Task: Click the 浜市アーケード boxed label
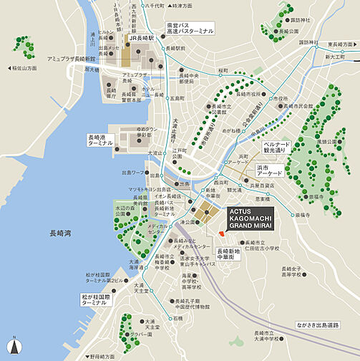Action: pyautogui.click(x=269, y=170)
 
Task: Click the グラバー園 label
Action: pyautogui.click(x=147, y=334)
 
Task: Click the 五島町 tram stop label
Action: pyautogui.click(x=177, y=97)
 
